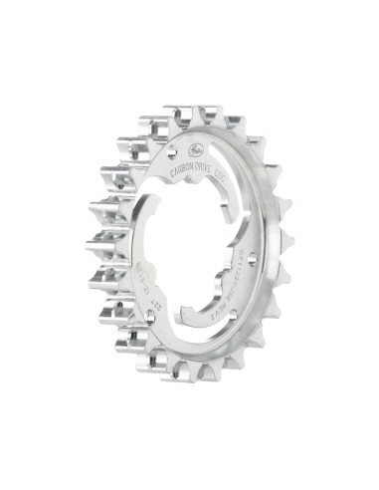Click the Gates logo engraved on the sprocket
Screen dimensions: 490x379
point(190,150)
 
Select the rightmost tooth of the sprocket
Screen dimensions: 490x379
point(287,242)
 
